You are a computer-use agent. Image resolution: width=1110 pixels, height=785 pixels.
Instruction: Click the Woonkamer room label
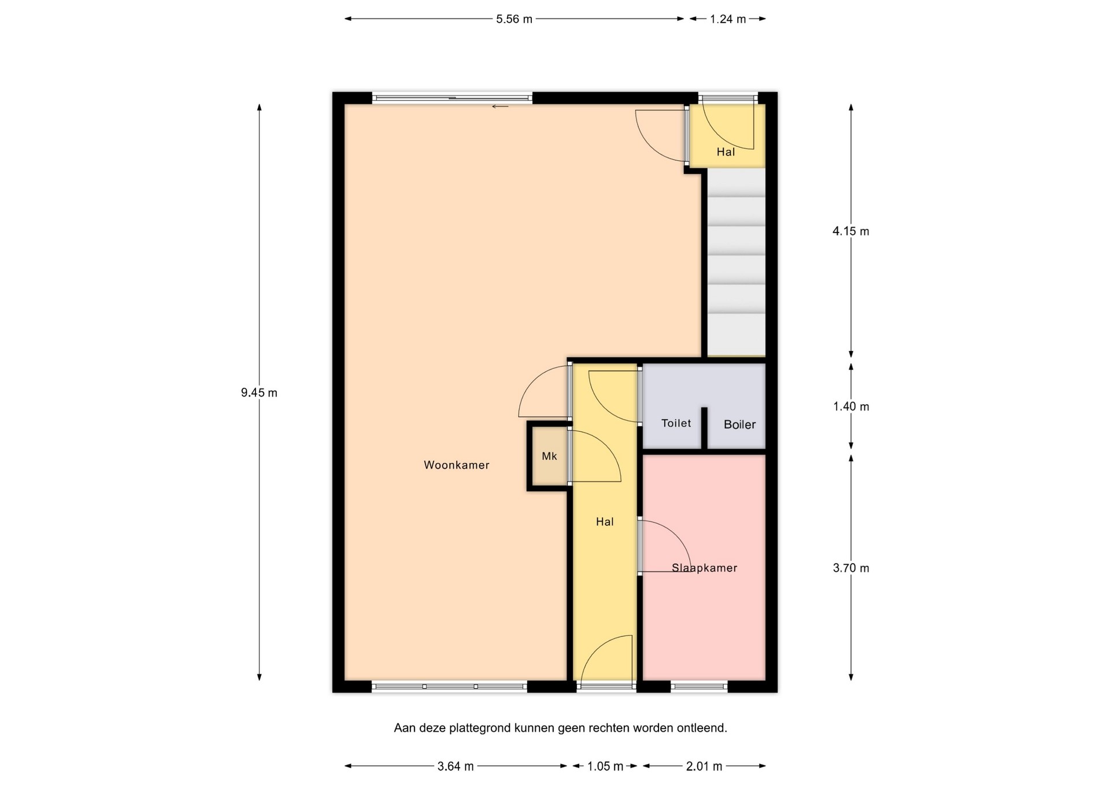coord(456,465)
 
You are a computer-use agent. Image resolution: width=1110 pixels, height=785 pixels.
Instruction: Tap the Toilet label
coord(676,423)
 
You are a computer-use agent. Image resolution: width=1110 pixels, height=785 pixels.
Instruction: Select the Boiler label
coord(739,424)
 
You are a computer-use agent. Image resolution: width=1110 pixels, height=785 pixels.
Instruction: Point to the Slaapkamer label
coord(704,568)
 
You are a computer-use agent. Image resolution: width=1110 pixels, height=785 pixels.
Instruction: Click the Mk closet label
coord(549,456)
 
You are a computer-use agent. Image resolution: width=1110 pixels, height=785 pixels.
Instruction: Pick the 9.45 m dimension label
coord(259,393)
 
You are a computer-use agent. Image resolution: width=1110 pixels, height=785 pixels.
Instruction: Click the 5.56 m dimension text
coord(514,19)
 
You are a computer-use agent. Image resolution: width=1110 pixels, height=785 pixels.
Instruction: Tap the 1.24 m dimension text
coord(728,19)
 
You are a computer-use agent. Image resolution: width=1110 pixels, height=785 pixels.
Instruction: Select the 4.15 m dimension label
coord(850,231)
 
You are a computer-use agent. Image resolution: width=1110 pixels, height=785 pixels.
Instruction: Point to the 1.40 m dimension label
coord(850,406)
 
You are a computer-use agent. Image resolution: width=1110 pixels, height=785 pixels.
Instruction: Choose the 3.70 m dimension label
coord(850,568)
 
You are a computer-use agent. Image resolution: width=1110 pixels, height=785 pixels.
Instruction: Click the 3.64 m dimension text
coord(455,766)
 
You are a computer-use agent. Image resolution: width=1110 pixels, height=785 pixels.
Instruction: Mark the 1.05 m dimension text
coord(605,766)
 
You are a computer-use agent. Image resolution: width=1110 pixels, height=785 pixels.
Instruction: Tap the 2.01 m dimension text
coord(704,766)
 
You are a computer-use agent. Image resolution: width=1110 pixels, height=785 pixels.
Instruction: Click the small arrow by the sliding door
coord(500,106)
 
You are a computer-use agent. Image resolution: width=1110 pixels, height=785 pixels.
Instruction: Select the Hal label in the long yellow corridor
coord(605,521)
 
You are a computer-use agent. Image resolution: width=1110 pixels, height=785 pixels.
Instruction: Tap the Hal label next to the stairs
coord(726,152)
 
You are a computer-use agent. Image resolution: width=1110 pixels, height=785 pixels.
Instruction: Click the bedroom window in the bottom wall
coord(699,686)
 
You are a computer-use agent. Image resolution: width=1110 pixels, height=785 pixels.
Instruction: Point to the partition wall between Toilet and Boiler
coord(704,428)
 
